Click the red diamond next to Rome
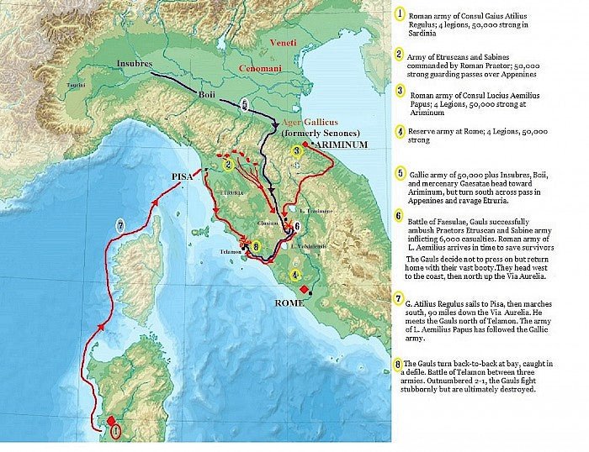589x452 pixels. (x=304, y=287)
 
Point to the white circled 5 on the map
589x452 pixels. (x=244, y=106)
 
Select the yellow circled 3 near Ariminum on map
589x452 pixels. (x=296, y=151)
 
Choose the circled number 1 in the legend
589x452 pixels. (x=399, y=15)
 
